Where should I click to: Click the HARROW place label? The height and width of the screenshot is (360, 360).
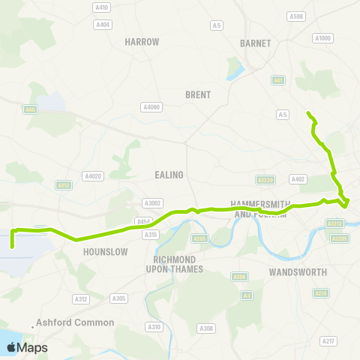click(x=142, y=42)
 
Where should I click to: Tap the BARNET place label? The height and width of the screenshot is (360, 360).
click(x=255, y=43)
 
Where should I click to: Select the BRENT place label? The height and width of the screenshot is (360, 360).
click(x=198, y=94)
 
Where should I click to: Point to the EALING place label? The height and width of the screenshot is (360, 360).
click(x=169, y=175)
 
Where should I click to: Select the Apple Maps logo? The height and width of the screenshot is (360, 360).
click(x=27, y=347)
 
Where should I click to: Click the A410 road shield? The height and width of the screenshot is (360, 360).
click(x=101, y=7)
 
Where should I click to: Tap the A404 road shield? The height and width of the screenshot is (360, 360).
click(x=103, y=25)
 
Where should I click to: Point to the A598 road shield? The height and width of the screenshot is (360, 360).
click(x=296, y=16)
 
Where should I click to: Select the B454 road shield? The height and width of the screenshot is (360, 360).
click(x=144, y=221)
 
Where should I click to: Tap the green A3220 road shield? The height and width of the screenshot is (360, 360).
click(x=263, y=180)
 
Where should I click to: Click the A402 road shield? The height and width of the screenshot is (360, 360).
click(x=298, y=179)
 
